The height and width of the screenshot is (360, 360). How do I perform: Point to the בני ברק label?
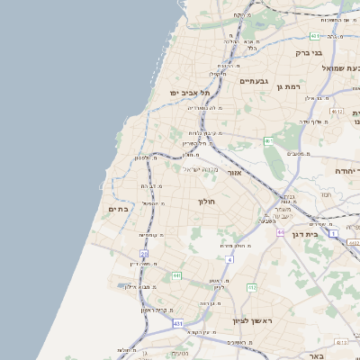308,53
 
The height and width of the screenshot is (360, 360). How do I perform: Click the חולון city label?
207,202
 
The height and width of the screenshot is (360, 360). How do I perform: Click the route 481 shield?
313,36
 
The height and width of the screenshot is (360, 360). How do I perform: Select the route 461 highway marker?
268,141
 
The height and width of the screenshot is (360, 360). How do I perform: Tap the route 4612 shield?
337,111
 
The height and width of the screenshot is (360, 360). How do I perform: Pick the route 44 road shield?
281,232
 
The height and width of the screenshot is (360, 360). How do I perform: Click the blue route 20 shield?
144,254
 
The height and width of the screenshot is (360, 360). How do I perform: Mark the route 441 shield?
176,275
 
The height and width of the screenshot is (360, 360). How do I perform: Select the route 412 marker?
252,288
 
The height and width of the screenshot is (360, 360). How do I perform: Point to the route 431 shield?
178,322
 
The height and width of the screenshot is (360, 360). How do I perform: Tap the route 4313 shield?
340,342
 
